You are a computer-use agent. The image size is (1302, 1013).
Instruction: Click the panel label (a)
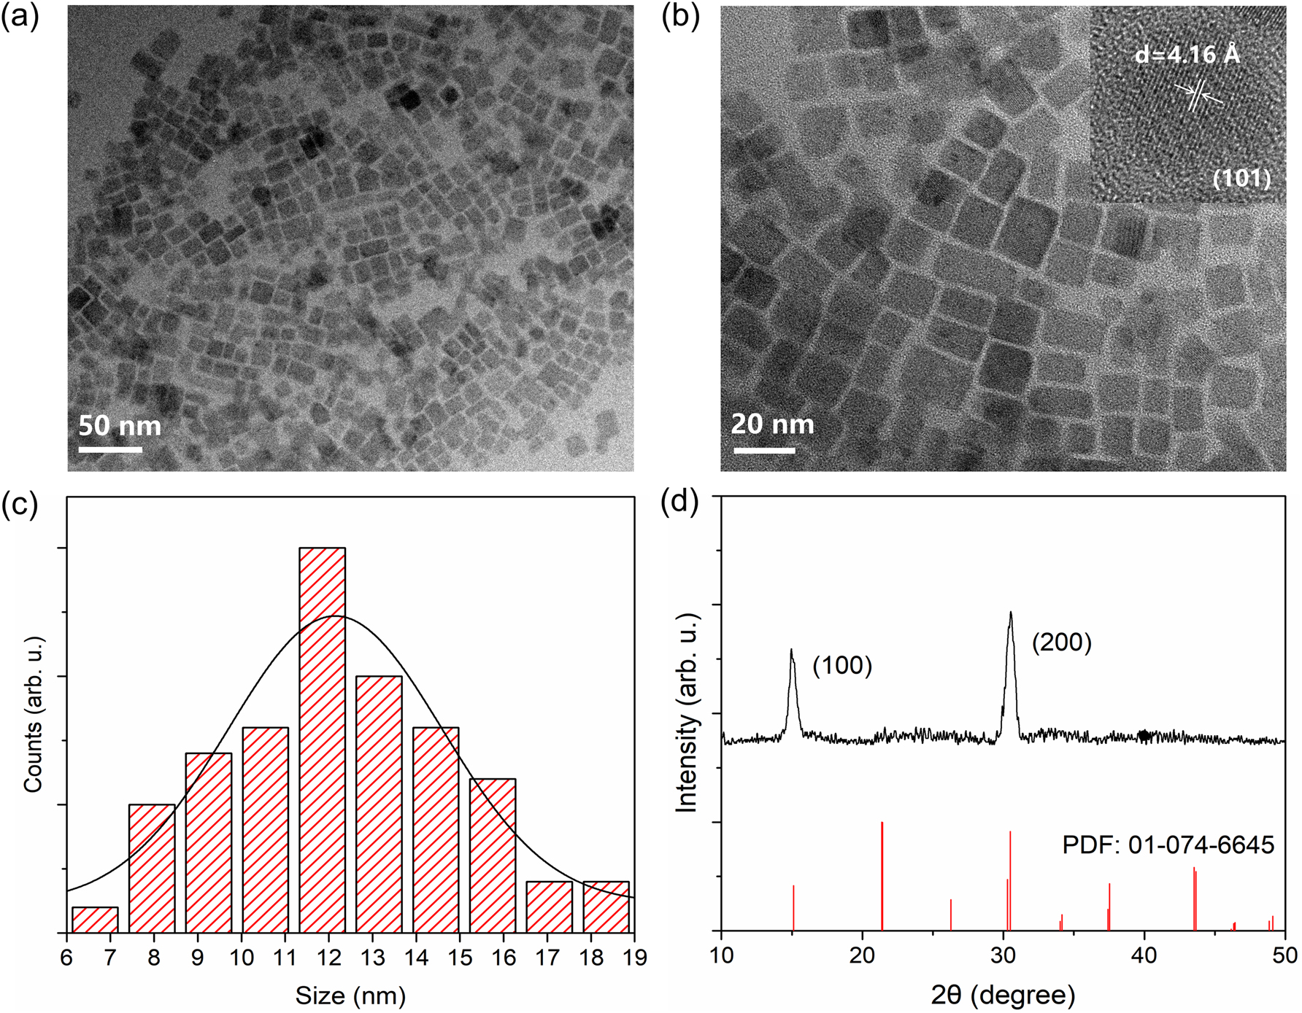[x=20, y=16]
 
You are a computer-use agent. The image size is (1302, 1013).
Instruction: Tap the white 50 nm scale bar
[x=110, y=449]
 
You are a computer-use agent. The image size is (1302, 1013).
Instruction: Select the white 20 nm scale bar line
[x=764, y=451]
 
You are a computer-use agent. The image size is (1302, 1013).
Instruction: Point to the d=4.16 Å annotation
[x=1187, y=55]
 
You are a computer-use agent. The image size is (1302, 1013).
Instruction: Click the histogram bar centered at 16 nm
[x=493, y=855]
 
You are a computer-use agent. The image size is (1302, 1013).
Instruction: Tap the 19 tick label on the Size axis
[x=635, y=957]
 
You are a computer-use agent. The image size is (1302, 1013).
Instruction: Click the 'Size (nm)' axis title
[x=350, y=995]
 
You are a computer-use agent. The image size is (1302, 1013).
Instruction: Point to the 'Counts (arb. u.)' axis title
[x=34, y=714]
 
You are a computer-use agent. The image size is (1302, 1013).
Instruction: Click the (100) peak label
[x=842, y=665]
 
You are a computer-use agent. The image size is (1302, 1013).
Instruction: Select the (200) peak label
[x=1061, y=642]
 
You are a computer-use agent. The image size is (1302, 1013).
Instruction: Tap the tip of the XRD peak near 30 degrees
[x=1011, y=613]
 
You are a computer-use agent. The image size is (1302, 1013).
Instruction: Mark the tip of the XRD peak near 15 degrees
[x=791, y=651]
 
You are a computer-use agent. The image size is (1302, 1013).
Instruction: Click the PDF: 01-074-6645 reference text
[x=1168, y=845]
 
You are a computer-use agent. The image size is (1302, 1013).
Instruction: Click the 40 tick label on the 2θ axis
[x=1144, y=955]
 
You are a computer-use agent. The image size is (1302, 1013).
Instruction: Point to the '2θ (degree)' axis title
[x=1003, y=994]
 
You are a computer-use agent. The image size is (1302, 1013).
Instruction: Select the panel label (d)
[x=679, y=503]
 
